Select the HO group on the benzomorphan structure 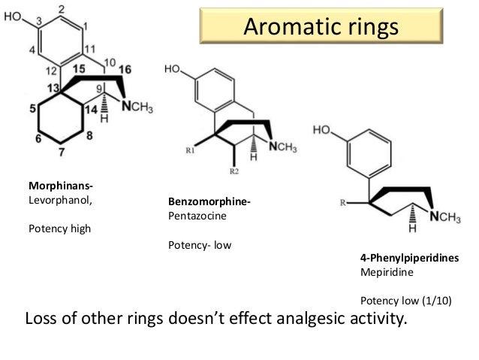tap(173, 70)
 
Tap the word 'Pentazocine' tap(197, 216)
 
